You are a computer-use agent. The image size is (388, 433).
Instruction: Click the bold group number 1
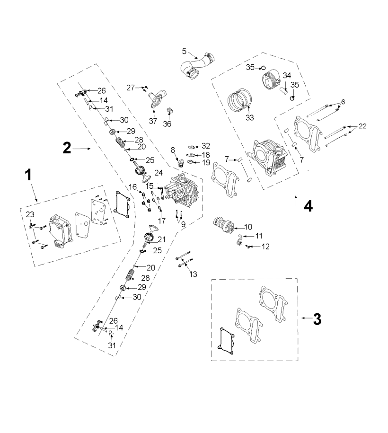click(28, 175)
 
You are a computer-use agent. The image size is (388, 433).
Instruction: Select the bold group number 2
click(67, 148)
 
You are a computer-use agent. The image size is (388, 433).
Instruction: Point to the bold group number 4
click(308, 206)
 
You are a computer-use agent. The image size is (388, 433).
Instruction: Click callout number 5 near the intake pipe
click(185, 51)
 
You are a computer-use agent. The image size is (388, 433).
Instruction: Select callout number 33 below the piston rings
click(249, 117)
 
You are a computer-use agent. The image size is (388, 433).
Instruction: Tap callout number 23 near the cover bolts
click(30, 215)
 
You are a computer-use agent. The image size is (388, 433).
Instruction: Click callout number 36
click(167, 124)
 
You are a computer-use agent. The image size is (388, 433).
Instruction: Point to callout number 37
click(152, 121)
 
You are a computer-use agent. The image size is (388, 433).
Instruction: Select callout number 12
click(265, 247)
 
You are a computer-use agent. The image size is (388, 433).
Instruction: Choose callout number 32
click(205, 146)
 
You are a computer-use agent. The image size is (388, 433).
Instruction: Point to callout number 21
click(162, 239)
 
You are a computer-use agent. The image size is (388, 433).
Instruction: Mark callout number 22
click(362, 126)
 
